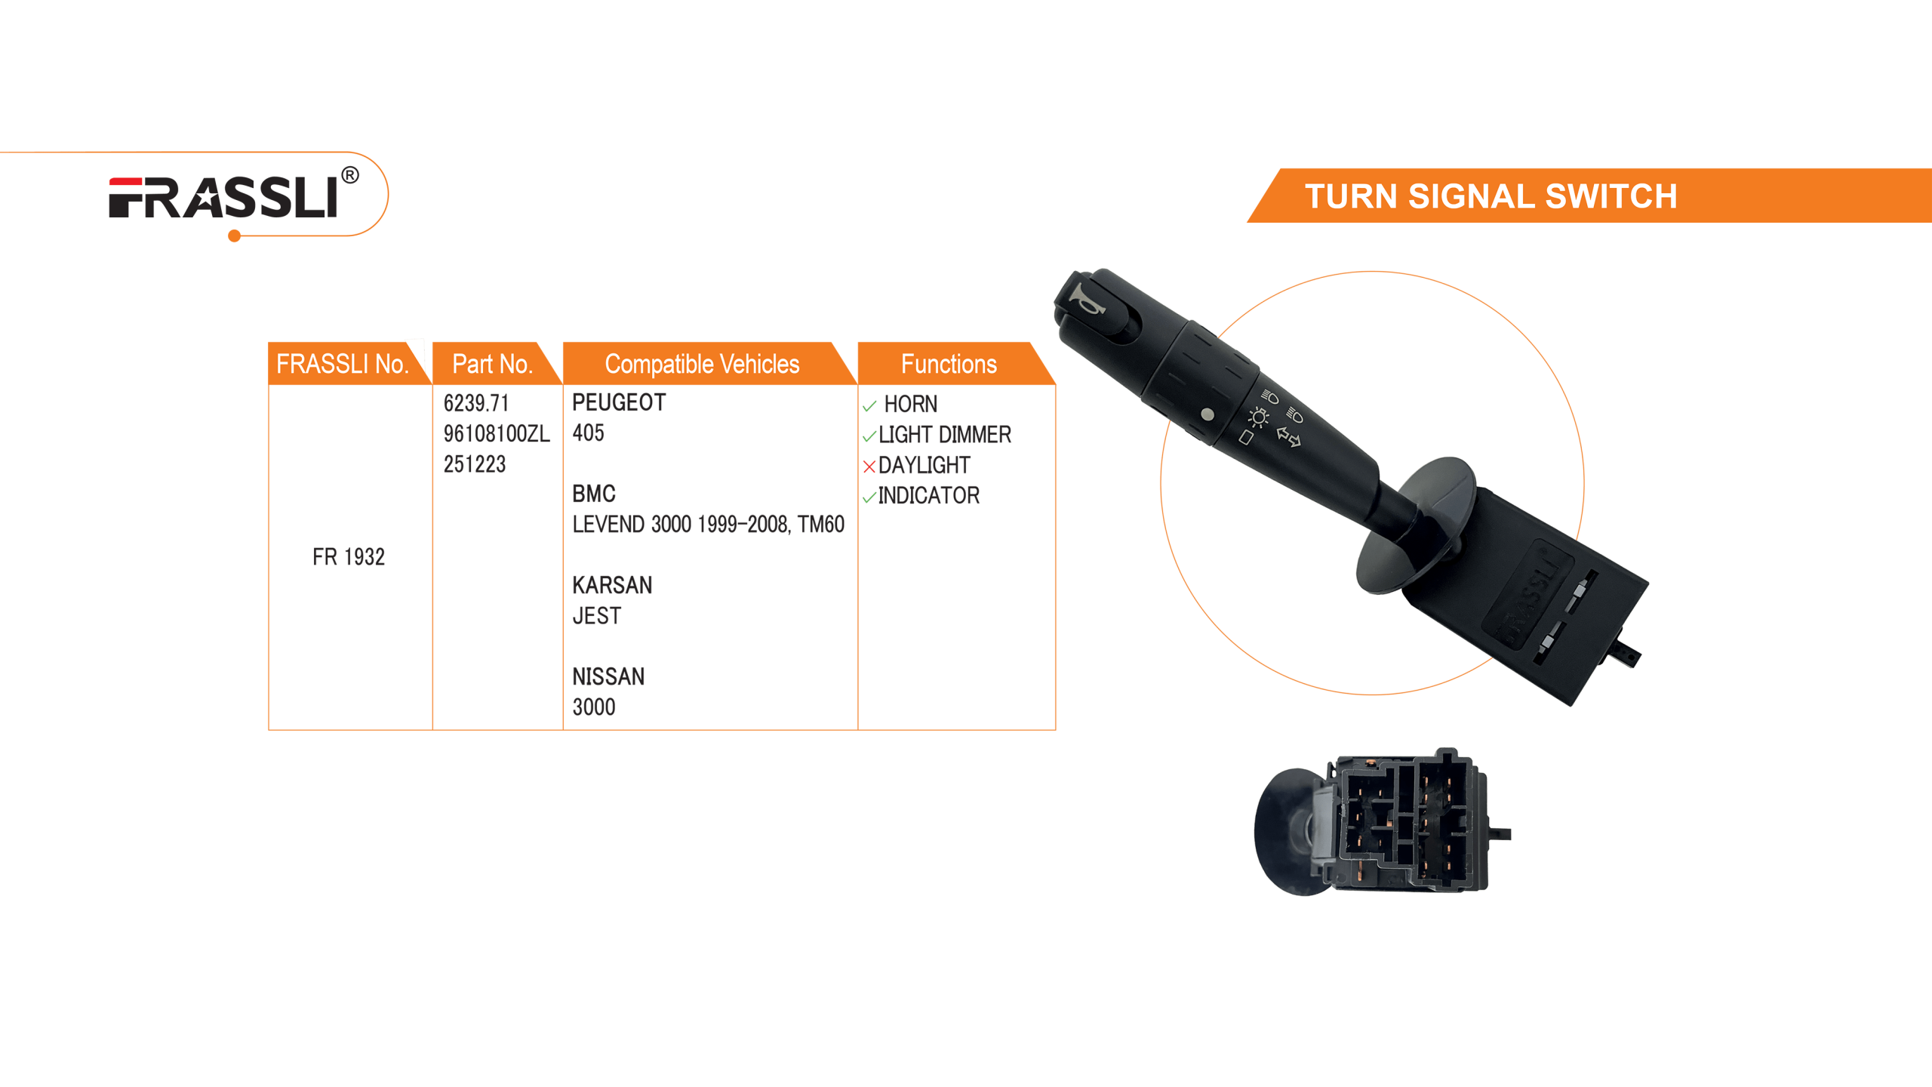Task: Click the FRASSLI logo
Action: tap(223, 198)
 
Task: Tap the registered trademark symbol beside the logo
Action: tap(349, 176)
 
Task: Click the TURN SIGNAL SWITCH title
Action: tap(1491, 196)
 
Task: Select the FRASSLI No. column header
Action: tap(342, 364)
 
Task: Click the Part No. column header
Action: tap(492, 364)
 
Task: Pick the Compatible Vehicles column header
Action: tap(702, 364)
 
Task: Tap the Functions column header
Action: tap(949, 364)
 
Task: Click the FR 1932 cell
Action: tap(349, 557)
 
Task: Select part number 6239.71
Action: tap(476, 403)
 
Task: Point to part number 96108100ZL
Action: tap(497, 434)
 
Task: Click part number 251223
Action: tap(475, 464)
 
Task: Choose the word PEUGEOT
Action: tap(619, 402)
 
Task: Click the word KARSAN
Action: tap(612, 585)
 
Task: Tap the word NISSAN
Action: tap(608, 676)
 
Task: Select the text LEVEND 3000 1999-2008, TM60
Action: tap(708, 524)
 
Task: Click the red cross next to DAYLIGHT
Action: tap(869, 467)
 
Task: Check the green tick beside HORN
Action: tap(869, 406)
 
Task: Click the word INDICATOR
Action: tap(929, 495)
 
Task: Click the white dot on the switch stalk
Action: tap(1207, 414)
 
